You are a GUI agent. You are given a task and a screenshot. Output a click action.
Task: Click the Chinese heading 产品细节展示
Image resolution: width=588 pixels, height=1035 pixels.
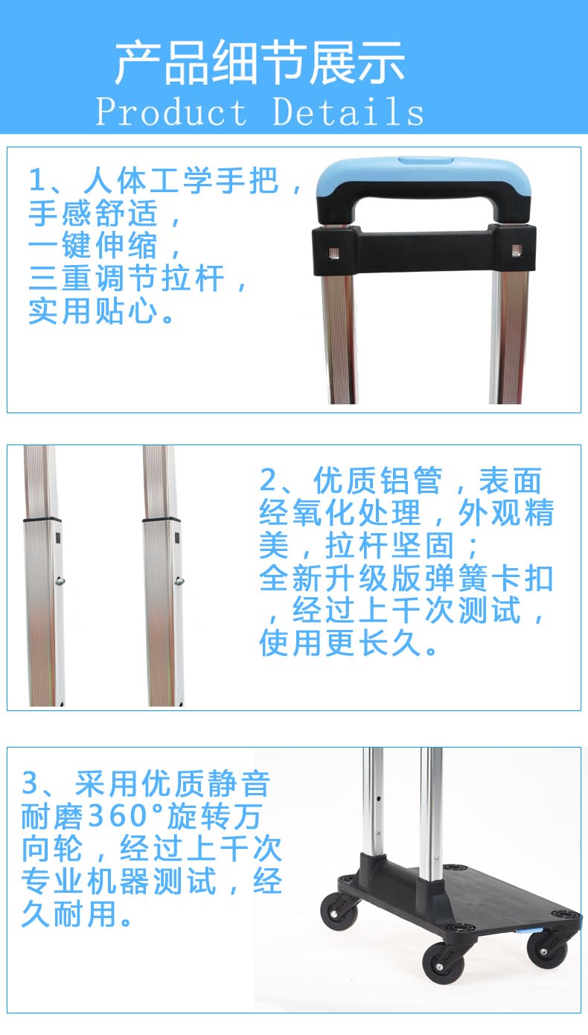coord(260,63)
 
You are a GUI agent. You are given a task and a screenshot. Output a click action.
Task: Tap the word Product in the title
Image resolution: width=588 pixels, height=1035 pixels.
coord(171,112)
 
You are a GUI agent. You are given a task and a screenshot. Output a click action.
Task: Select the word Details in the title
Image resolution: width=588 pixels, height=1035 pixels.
coord(348,112)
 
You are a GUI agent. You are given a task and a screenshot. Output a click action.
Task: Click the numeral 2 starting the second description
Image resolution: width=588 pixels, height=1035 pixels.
coord(267,481)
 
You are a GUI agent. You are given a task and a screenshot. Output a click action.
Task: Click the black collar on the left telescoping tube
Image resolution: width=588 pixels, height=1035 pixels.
coord(41,517)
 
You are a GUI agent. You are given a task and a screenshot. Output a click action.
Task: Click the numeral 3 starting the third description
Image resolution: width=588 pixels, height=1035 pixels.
coord(30,784)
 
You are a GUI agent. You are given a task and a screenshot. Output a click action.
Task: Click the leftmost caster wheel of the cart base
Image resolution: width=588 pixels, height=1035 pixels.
coord(339,912)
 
